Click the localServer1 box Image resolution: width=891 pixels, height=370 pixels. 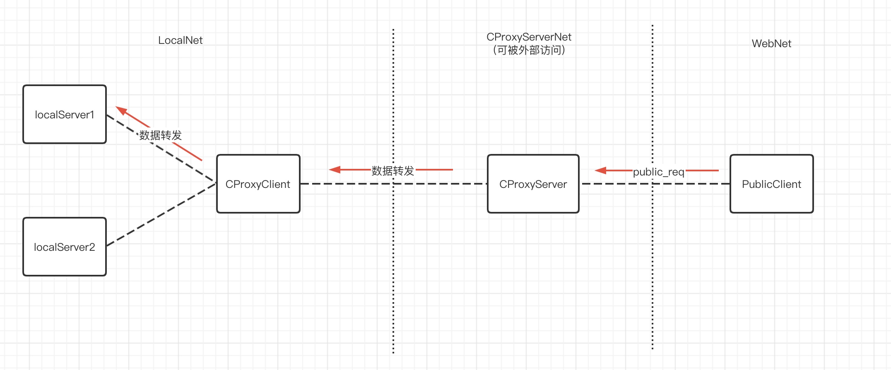(x=65, y=114)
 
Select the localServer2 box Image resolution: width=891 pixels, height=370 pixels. (x=65, y=247)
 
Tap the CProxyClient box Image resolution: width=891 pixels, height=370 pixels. (x=258, y=184)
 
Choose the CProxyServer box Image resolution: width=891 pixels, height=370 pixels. (x=533, y=184)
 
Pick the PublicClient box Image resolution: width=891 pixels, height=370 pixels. (x=771, y=184)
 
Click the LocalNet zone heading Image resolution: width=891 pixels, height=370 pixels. (x=180, y=40)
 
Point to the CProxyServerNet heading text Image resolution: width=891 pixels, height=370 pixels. (x=529, y=37)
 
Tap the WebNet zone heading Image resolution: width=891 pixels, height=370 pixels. (x=771, y=43)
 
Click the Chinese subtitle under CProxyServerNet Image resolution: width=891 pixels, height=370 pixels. (x=529, y=50)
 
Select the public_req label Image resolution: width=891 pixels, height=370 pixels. (x=658, y=172)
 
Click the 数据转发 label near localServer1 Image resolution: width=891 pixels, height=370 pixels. (x=161, y=135)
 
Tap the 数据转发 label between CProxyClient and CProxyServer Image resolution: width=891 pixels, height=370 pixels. (x=393, y=171)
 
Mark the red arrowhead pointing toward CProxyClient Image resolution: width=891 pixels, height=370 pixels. (x=335, y=170)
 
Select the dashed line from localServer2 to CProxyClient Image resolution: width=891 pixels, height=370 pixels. (x=161, y=215)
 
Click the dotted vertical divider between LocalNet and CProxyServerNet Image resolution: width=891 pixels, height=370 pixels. (x=393, y=269)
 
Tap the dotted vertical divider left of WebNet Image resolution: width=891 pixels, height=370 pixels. (x=653, y=269)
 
